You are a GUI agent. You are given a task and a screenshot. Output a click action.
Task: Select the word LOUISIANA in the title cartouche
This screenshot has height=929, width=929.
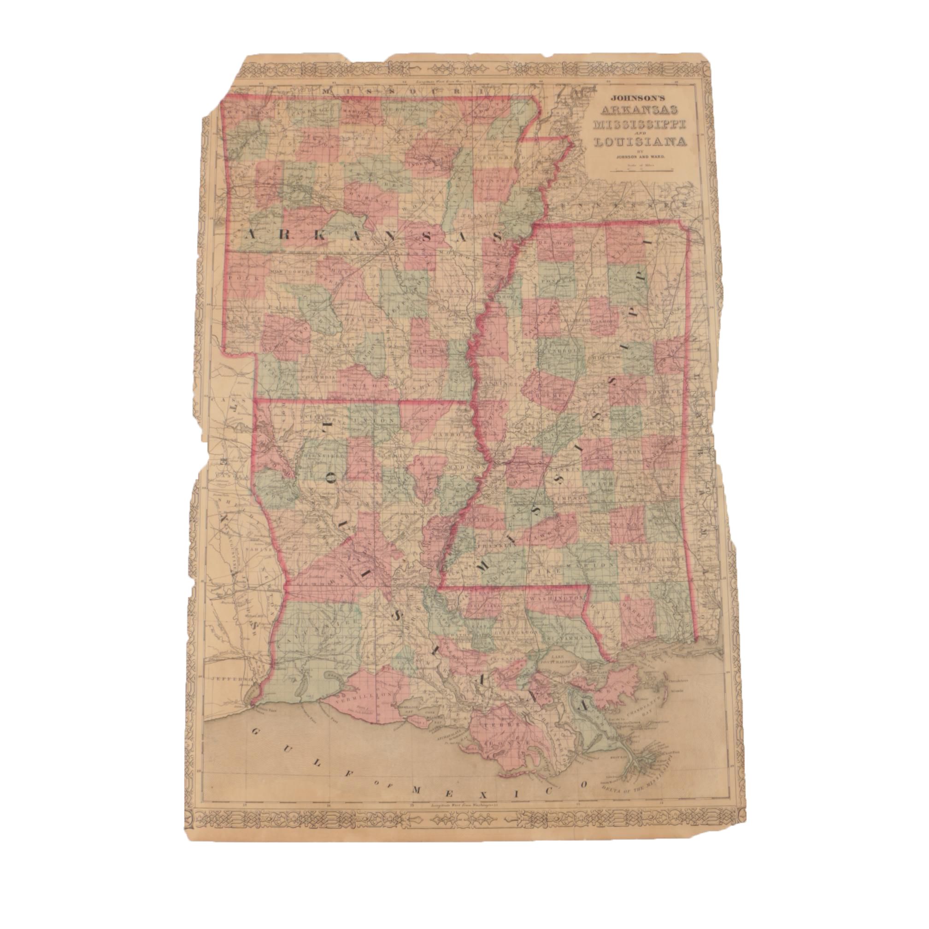640,142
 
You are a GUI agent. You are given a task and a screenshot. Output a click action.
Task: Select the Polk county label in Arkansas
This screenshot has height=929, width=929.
239,277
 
